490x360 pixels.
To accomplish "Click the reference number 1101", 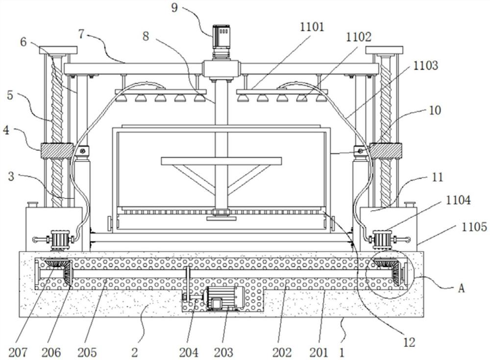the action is pyautogui.click(x=312, y=27).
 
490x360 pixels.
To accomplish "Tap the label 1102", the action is pyautogui.click(x=359, y=37).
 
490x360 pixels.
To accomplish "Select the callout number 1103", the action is pyautogui.click(x=426, y=66).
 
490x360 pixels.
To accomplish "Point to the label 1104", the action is pyautogui.click(x=458, y=200).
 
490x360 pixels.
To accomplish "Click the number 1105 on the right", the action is pyautogui.click(x=474, y=227).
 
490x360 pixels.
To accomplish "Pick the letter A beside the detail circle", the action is pyautogui.click(x=461, y=288).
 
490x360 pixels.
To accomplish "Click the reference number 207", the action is pyautogui.click(x=18, y=353).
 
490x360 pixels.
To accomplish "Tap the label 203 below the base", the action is pyautogui.click(x=223, y=353).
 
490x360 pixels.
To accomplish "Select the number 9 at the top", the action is pyautogui.click(x=174, y=7).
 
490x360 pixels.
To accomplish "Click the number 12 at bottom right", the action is pyautogui.click(x=409, y=342).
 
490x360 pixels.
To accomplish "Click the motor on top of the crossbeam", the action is pyautogui.click(x=221, y=42).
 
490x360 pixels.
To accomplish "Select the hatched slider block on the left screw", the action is pyautogui.click(x=56, y=151).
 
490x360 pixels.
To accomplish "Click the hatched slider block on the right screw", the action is pyautogui.click(x=386, y=151).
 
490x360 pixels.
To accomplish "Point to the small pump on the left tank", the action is pyautogui.click(x=54, y=240).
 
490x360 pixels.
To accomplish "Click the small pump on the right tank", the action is pyautogui.click(x=389, y=240).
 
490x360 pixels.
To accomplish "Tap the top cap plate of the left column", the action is pyautogui.click(x=58, y=50).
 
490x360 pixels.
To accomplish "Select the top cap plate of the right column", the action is pyautogui.click(x=384, y=50).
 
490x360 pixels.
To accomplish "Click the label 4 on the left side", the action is pyautogui.click(x=6, y=130).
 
